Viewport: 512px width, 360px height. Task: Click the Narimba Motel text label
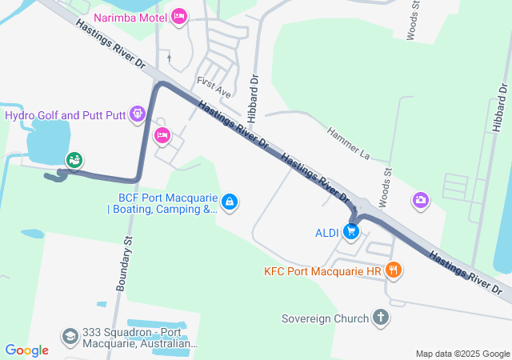point(130,17)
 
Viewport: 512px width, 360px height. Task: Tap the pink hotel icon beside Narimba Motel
point(178,16)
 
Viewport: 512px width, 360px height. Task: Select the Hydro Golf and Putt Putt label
point(66,115)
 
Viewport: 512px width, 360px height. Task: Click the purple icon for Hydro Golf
point(138,115)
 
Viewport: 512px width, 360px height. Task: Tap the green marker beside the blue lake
point(74,160)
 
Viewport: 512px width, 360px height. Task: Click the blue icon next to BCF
point(230,202)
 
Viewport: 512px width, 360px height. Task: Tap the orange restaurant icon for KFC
point(392,270)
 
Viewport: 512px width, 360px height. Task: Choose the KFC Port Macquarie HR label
point(322,271)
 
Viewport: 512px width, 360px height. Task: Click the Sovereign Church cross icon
point(380,318)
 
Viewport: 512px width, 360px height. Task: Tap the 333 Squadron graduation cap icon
point(70,335)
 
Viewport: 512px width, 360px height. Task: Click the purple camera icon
point(421,200)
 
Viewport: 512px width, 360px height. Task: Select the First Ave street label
point(213,84)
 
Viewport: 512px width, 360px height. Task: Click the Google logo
point(26,350)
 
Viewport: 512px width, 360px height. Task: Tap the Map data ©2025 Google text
point(462,354)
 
